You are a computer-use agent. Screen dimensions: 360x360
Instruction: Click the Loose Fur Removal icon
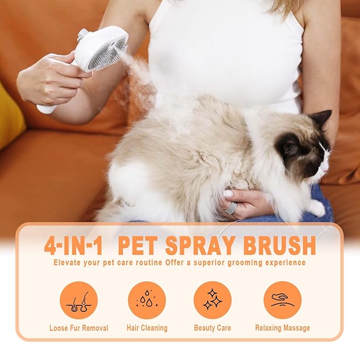coord(78,300)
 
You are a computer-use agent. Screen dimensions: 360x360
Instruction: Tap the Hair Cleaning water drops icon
coord(147,300)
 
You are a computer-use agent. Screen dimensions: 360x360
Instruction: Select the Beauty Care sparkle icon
coord(212,300)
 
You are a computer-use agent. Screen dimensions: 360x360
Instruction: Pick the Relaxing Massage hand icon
coord(282,300)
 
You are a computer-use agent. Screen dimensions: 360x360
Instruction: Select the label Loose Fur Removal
coord(78,328)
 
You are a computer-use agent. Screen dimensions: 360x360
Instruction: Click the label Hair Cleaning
coord(147,328)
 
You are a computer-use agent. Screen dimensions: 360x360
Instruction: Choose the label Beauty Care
coord(212,328)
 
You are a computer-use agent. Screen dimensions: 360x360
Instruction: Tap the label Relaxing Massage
coord(282,328)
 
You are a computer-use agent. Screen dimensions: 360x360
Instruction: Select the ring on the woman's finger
coord(231,207)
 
